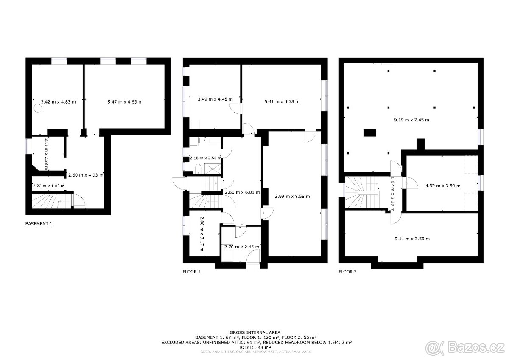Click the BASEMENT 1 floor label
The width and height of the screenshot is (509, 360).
(x=39, y=224)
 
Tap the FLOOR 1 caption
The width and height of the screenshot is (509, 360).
(x=192, y=272)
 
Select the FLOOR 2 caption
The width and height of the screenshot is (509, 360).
(x=348, y=272)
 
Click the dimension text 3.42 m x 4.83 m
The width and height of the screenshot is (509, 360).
(x=59, y=102)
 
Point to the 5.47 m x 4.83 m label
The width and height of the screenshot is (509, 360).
(x=125, y=102)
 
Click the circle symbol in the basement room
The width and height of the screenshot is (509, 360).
(x=38, y=108)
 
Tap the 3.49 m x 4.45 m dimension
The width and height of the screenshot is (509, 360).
(x=215, y=99)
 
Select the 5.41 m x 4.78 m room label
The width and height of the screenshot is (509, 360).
(x=282, y=101)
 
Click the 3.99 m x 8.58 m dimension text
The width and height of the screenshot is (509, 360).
(x=292, y=196)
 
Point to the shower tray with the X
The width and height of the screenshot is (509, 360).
(x=213, y=169)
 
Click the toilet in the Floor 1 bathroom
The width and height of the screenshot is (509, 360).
(x=198, y=169)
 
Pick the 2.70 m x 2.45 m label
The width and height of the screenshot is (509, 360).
(x=242, y=247)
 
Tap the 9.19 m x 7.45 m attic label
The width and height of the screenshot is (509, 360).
(x=411, y=120)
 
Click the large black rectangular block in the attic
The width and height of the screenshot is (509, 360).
(x=369, y=133)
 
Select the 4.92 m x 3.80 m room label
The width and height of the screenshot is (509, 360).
(x=443, y=186)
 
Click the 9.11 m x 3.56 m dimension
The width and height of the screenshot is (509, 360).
(x=412, y=239)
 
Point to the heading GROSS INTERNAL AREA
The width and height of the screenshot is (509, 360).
(x=255, y=332)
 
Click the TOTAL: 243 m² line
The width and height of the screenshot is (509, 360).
(x=255, y=347)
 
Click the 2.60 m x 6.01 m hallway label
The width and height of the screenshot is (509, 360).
(x=243, y=192)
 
